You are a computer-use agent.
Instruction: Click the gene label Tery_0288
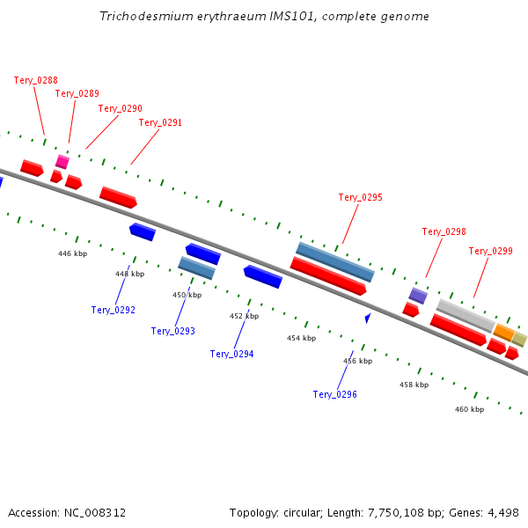point(36,80)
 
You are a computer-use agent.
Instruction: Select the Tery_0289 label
point(77,93)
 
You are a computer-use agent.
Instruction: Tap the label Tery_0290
point(120,108)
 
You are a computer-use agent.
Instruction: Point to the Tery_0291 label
point(160,123)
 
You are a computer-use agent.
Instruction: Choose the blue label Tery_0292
point(113,310)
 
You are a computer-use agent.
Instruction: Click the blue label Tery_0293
point(172,332)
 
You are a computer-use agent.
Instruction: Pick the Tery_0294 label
point(231,354)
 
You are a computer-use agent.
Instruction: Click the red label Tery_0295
point(360,197)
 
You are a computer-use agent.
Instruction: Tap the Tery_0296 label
point(334,394)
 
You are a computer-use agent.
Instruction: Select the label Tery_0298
point(444,231)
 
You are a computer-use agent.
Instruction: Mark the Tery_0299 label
point(490,251)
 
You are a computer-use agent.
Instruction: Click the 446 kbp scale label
point(72,253)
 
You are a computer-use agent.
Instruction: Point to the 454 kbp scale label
point(300,338)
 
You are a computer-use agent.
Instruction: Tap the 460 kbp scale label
point(469,409)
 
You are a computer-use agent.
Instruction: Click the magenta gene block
point(62,162)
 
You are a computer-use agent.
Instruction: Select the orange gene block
point(503,332)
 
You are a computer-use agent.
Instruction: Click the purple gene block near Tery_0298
point(418,295)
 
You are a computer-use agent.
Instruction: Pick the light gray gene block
point(466,314)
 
